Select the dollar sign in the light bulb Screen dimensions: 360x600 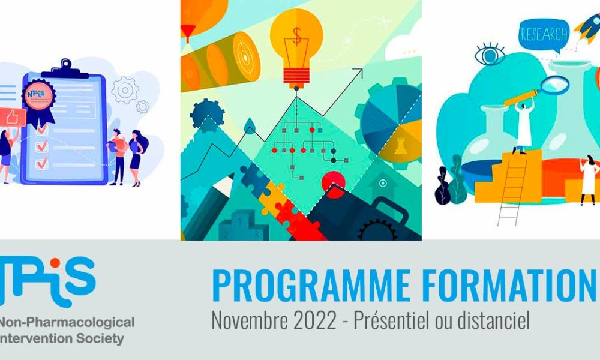tap(297, 37)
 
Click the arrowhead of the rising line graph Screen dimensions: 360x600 tap(359, 71)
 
